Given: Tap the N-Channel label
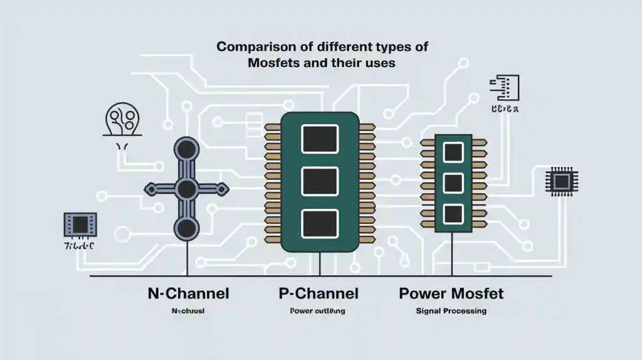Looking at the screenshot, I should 188,293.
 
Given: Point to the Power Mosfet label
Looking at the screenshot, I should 451,293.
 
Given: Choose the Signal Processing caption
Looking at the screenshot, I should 451,311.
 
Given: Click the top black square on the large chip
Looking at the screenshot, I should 320,139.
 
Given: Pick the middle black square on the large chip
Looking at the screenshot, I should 320,181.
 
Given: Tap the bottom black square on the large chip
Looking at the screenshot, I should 320,223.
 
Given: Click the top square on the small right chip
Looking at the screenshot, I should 453,152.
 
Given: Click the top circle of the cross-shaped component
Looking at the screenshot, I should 186,149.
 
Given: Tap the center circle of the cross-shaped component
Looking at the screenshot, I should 186,188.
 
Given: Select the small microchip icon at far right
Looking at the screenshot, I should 561,181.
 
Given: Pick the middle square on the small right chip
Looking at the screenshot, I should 453,183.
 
